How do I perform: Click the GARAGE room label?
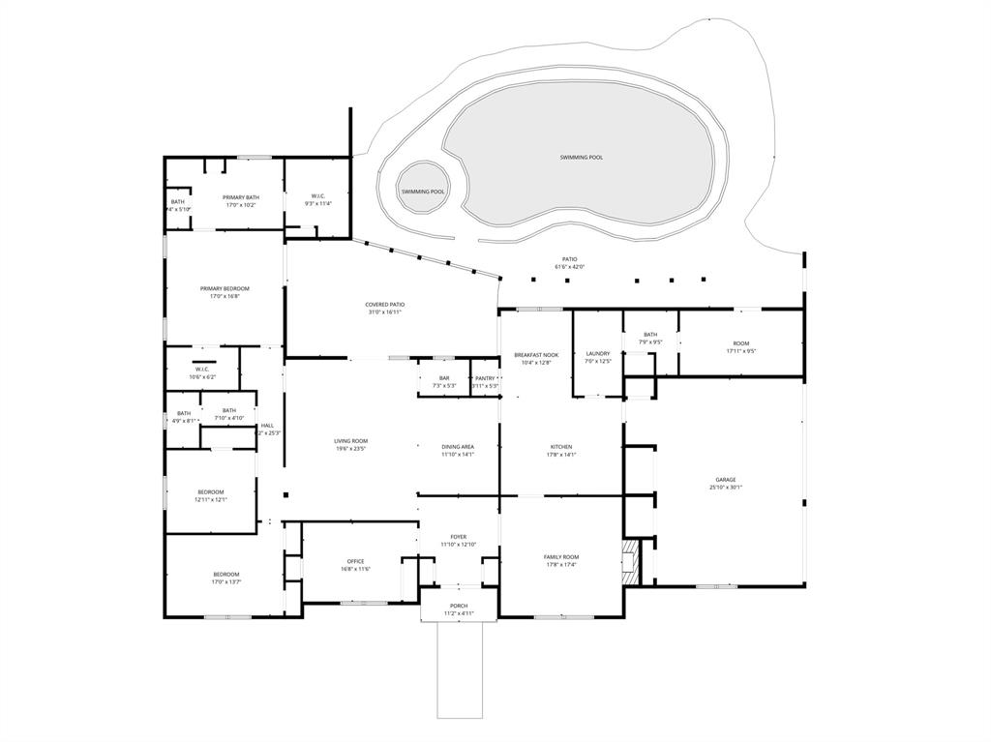point(725,480)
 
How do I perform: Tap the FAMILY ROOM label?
point(561,557)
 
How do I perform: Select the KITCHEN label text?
point(561,447)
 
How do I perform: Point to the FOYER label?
point(458,537)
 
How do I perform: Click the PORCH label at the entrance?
point(458,606)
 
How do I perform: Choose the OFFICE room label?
point(355,561)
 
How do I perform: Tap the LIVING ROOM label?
point(350,441)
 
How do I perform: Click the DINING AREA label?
point(458,447)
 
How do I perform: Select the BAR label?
point(444,378)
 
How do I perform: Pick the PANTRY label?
point(485,378)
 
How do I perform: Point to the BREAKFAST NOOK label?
point(536,355)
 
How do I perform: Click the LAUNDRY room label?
point(598,353)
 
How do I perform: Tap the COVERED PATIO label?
point(384,305)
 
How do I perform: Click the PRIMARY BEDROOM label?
point(225,288)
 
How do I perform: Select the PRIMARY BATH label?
point(241,197)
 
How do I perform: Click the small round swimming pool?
point(424,191)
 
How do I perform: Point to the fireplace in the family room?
point(631,561)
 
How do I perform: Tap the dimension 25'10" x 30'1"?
point(725,488)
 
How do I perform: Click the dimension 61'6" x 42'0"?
point(570,267)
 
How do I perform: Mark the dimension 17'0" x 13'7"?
point(225,582)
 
